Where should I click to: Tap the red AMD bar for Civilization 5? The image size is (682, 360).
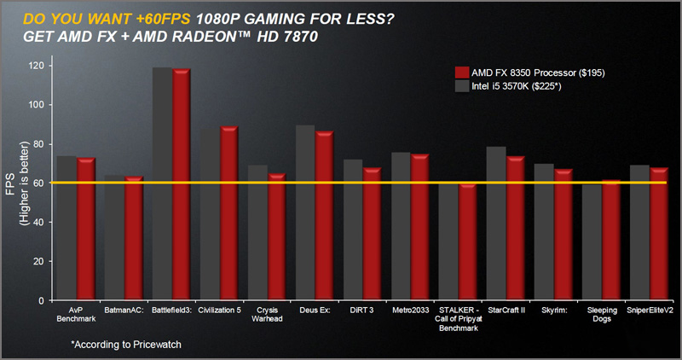pos(228,213)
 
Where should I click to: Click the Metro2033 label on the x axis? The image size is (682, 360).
pos(411,311)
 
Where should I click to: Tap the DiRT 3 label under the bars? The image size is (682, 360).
pos(362,311)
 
